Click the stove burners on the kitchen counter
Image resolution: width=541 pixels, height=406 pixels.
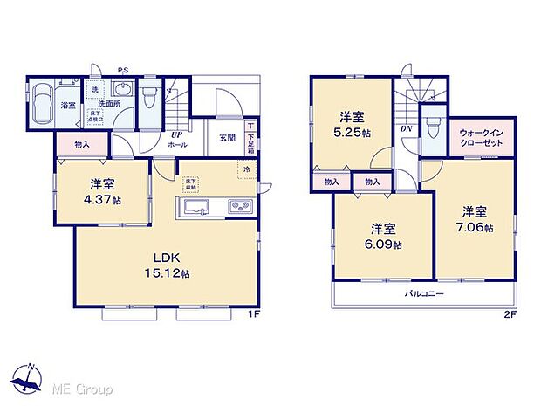(x=239, y=207)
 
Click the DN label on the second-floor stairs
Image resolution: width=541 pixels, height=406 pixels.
(x=406, y=128)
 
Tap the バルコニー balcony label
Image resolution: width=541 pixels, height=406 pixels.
(x=425, y=294)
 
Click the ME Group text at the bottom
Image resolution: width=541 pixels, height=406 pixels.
(x=83, y=387)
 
